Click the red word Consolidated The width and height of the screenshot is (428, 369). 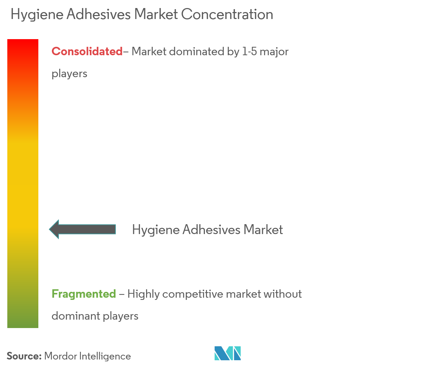[87, 52]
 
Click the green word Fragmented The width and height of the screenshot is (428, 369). [84, 294]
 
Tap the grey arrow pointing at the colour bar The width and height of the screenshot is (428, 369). [83, 229]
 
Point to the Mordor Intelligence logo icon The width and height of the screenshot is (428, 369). [228, 353]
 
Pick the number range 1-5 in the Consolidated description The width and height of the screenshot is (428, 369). [249, 52]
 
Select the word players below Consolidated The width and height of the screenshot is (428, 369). [69, 74]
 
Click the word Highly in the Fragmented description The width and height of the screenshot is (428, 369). [144, 294]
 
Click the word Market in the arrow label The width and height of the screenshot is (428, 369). [263, 230]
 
